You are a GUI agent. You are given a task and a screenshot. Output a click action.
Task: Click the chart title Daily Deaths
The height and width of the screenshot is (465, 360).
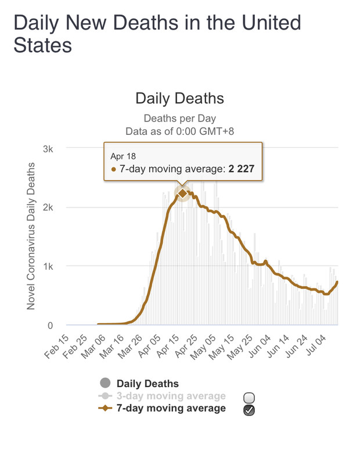pos(179,98)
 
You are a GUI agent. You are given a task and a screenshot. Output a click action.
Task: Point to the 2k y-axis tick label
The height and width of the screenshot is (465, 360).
pos(48,208)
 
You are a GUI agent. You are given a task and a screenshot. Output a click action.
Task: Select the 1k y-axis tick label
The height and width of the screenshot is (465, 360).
pos(48,266)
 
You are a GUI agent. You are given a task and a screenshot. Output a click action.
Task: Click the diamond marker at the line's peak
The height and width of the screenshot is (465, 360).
pos(182,193)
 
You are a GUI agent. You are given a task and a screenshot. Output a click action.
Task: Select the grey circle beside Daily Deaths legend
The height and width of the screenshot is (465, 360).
pos(106,383)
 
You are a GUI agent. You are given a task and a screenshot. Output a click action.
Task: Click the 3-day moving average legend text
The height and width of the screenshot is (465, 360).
pos(171,396)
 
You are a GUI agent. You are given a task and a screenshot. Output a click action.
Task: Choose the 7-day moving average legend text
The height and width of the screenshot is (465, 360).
pos(171,409)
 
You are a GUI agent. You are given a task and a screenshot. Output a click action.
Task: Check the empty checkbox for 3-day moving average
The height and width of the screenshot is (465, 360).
pos(250,398)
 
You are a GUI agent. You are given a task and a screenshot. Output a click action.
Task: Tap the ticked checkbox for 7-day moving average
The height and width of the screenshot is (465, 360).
pos(250,410)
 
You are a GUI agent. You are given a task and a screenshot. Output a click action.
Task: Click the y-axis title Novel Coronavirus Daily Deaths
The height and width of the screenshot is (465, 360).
pos(32,236)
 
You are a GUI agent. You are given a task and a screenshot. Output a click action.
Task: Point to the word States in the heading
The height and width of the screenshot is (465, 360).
pos(43,45)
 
